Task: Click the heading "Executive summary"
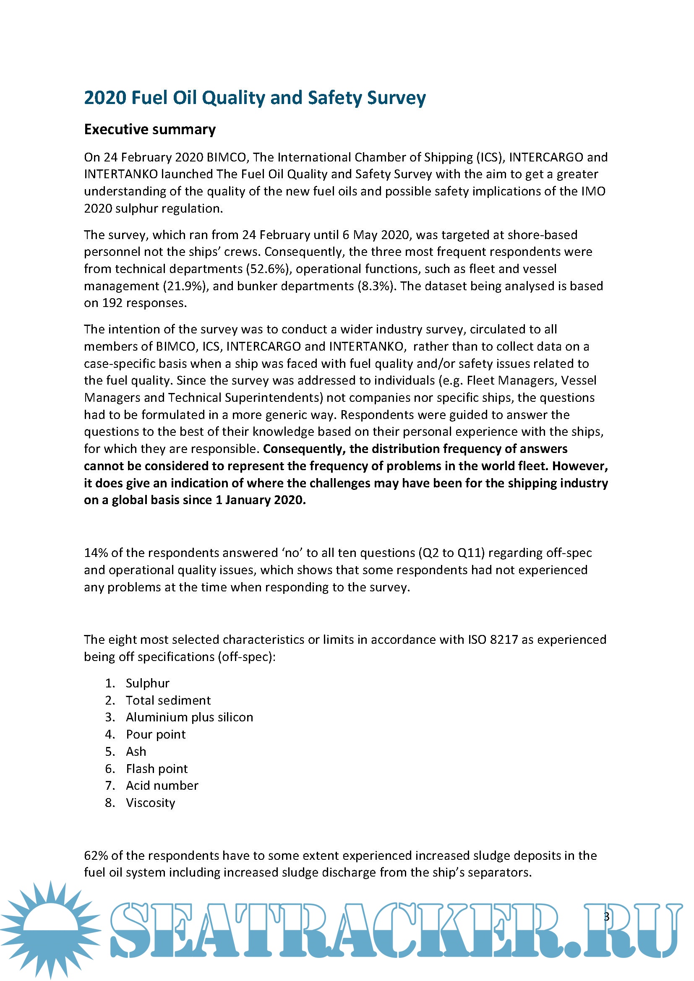pos(149,130)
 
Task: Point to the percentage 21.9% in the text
pos(186,286)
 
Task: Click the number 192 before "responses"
pos(112,303)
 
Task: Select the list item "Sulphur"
pos(147,683)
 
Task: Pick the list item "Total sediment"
pos(168,700)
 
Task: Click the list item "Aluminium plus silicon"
pos(189,717)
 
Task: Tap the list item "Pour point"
pos(156,734)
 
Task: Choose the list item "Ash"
pos(136,752)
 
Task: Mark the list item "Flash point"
pos(157,769)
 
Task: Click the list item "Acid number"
pos(162,785)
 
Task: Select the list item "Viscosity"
pos(151,803)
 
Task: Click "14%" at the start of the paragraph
pos(96,553)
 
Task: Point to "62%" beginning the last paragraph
pos(96,855)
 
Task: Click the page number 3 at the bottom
pos(606,916)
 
